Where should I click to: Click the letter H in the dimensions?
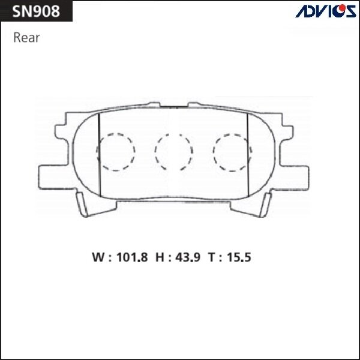click(160, 259)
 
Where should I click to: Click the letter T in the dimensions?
click(212, 259)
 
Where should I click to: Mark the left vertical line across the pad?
click(98, 155)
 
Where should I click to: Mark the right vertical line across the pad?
click(248, 155)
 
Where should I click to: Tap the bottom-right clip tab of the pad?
click(263, 207)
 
